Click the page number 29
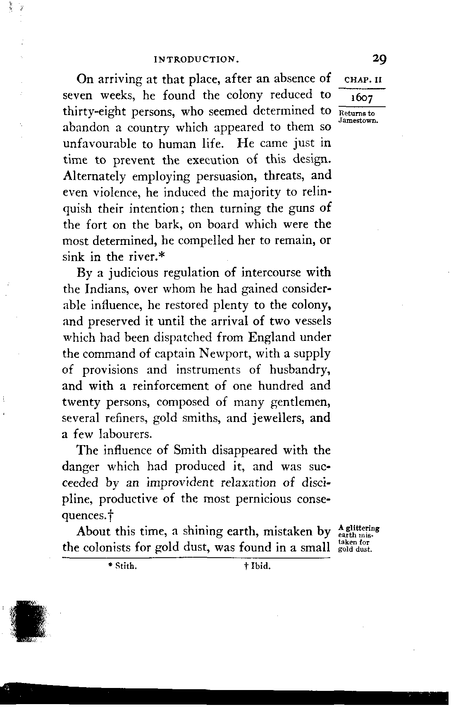pos(379,59)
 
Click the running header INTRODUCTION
pos(196,60)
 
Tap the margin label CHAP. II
pos(362,80)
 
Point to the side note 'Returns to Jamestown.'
pos(358,117)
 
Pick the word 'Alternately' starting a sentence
pos(94,176)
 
